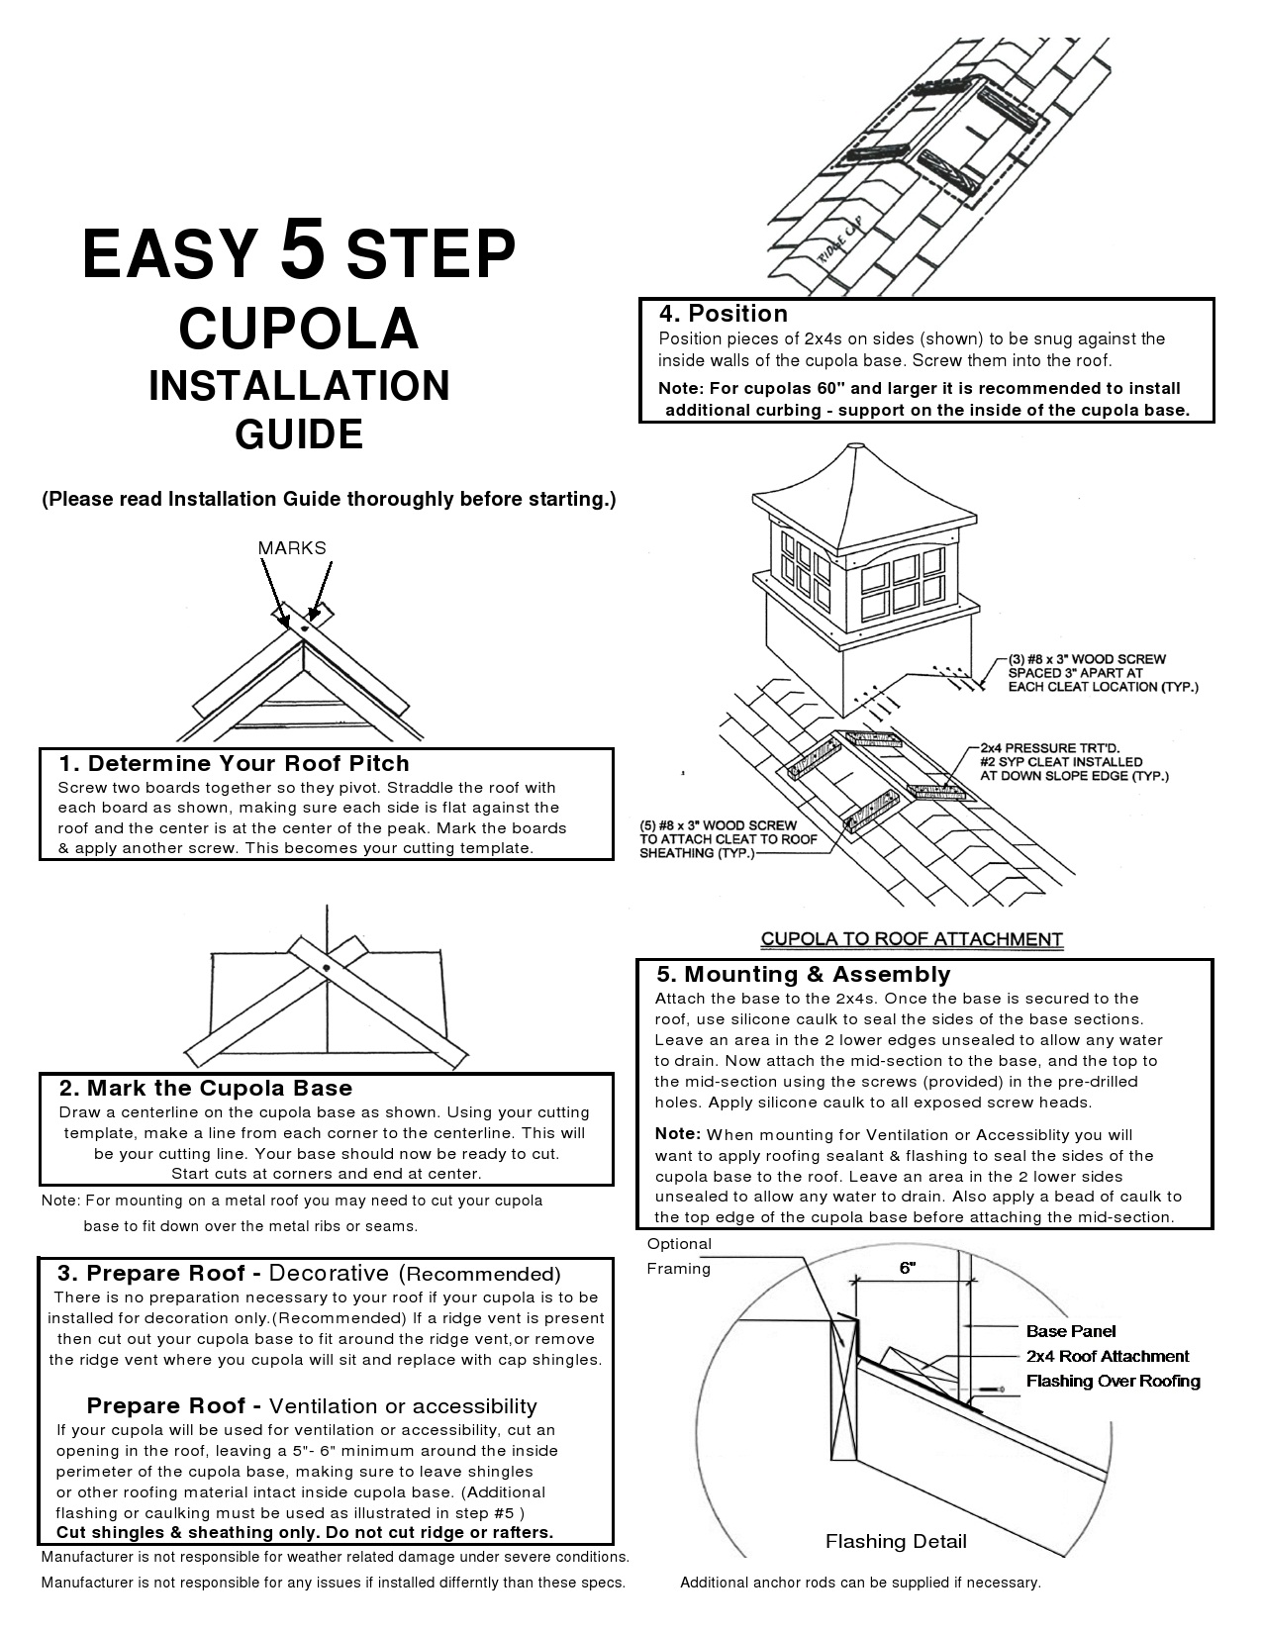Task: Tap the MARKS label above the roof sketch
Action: point(292,548)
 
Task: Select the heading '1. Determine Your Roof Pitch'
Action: point(234,763)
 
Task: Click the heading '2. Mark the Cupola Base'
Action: point(206,1088)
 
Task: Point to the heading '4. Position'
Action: point(724,314)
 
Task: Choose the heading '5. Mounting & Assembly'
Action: point(803,974)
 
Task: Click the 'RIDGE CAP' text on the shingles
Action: point(834,241)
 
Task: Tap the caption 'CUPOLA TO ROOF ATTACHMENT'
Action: point(912,938)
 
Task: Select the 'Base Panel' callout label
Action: point(1071,1331)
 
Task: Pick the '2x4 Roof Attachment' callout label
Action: point(1108,1356)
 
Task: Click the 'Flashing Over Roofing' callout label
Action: point(1113,1381)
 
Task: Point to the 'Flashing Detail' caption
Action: point(896,1541)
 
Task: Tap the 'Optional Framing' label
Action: point(679,1256)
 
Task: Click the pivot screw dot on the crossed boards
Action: point(326,967)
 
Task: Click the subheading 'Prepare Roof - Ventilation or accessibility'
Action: point(312,1406)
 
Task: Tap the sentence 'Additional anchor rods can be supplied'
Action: point(860,1583)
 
